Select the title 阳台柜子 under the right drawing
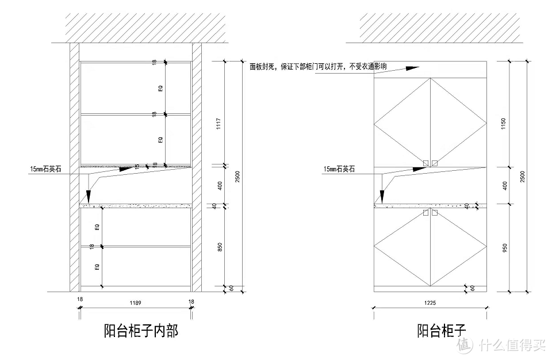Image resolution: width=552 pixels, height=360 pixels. pyautogui.click(x=441, y=331)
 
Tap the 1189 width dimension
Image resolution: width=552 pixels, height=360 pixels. pyautogui.click(x=136, y=302)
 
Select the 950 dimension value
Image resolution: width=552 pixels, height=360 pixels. pyautogui.click(x=504, y=248)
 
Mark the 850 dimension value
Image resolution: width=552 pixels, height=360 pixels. pyautogui.click(x=219, y=248)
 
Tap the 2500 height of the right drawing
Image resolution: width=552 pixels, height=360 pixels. pyautogui.click(x=522, y=177)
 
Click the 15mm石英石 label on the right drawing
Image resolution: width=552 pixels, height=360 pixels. pyautogui.click(x=339, y=169)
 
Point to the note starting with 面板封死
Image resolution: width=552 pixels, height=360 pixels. pyautogui.click(x=318, y=66)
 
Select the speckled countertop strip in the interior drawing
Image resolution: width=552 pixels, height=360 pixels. pyautogui.click(x=136, y=204)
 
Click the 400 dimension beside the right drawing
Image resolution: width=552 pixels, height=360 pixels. pyautogui.click(x=504, y=186)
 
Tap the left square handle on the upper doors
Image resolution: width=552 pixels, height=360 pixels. pyautogui.click(x=425, y=163)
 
